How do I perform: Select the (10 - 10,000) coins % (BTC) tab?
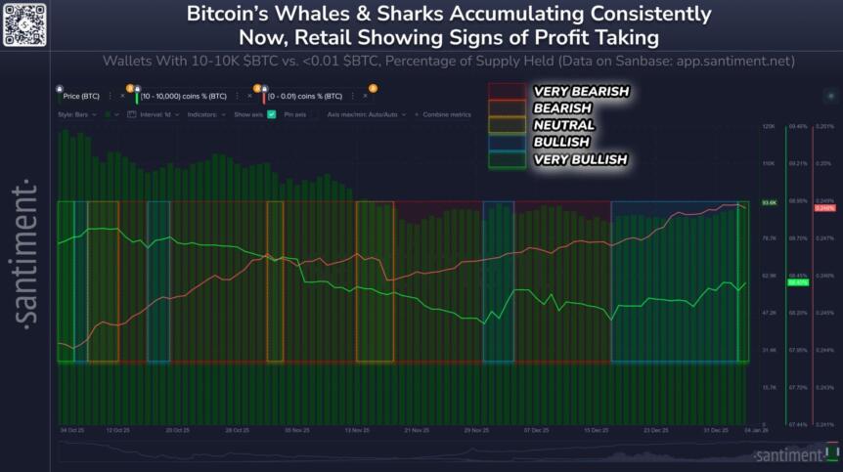[x=192, y=97]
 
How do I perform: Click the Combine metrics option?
[x=446, y=114]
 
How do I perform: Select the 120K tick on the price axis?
[x=769, y=127]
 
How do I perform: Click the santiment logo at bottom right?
[x=791, y=454]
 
